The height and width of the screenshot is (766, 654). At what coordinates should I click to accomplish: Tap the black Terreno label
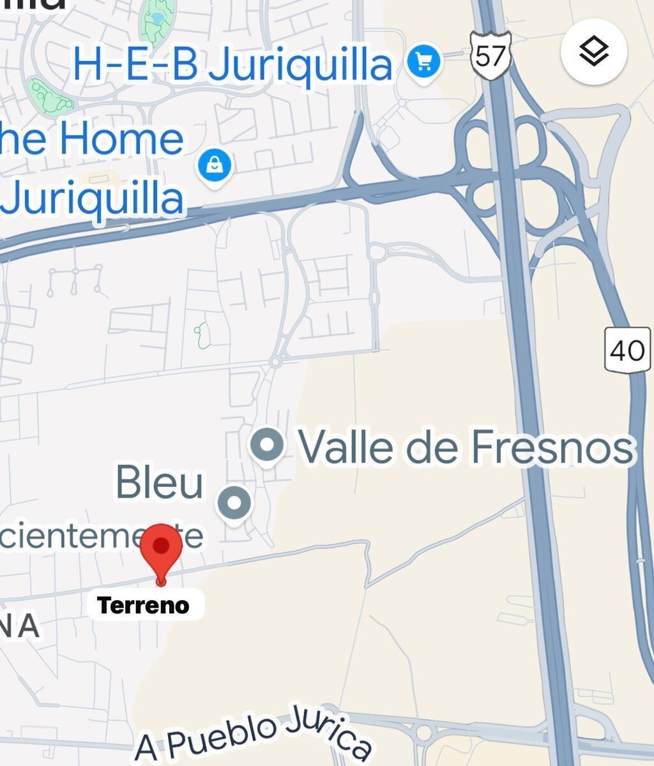click(x=144, y=605)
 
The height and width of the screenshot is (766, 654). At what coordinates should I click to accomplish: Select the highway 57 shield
click(x=490, y=56)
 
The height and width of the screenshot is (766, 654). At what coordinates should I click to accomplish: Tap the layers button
click(x=593, y=52)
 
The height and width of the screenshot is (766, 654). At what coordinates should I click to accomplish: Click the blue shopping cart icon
click(x=424, y=63)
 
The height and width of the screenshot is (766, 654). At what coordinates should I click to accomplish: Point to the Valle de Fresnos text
click(x=466, y=447)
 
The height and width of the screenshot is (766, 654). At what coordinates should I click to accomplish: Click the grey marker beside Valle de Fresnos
click(x=266, y=444)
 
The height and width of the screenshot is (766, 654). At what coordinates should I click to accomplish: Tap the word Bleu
click(x=160, y=483)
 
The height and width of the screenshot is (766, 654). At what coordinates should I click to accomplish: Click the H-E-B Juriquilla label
click(x=232, y=65)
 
